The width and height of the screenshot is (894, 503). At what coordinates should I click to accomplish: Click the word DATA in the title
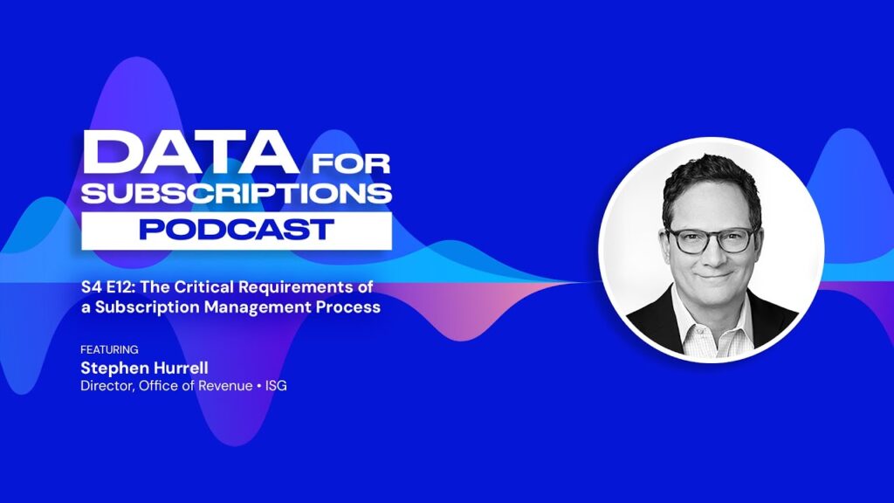click(189, 152)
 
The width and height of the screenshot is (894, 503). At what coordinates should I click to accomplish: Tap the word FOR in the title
click(351, 163)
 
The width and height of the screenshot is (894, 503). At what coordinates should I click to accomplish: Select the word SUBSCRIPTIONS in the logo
click(236, 193)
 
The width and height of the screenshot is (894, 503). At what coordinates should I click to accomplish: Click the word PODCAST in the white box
click(236, 230)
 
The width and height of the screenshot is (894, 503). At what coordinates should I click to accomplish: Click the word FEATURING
click(109, 349)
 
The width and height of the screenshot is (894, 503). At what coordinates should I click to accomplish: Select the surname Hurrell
click(180, 368)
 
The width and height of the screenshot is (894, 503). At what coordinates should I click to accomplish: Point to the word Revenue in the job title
click(225, 385)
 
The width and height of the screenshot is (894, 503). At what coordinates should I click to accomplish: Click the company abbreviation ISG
click(276, 385)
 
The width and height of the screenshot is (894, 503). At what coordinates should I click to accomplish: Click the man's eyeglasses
click(712, 239)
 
